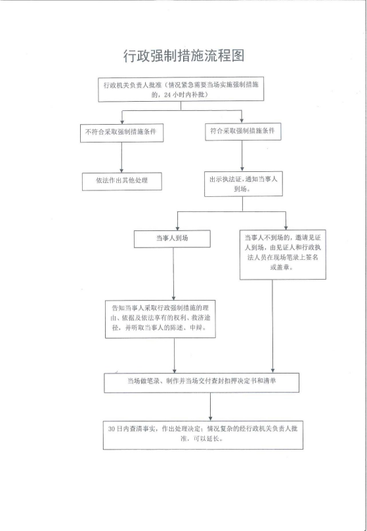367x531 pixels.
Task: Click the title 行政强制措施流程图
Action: (x=184, y=56)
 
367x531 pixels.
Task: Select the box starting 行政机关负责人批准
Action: (x=181, y=89)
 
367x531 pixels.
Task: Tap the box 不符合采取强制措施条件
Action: (x=121, y=133)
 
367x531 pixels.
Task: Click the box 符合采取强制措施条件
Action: (x=243, y=131)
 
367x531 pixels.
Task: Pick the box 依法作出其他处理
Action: (x=122, y=181)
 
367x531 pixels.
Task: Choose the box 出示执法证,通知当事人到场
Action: (x=244, y=184)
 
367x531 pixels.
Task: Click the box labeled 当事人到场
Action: (x=172, y=239)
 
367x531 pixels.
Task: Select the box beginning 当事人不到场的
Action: (x=282, y=254)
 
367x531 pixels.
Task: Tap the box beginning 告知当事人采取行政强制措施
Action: (x=160, y=319)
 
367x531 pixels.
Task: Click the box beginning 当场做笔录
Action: (x=202, y=383)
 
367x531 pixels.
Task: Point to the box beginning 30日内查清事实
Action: (x=203, y=435)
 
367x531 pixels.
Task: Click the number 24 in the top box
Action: (x=167, y=95)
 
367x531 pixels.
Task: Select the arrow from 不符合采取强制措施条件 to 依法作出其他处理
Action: (x=121, y=158)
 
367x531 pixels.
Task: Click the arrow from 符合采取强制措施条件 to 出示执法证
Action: (x=242, y=156)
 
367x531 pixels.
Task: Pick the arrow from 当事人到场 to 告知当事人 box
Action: (x=173, y=274)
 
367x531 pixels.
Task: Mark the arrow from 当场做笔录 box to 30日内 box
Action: (x=211, y=407)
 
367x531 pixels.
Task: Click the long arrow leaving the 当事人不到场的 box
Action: (x=272, y=326)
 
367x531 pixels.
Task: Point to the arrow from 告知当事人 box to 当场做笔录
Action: (x=175, y=355)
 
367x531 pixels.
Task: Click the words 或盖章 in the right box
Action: (x=282, y=267)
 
